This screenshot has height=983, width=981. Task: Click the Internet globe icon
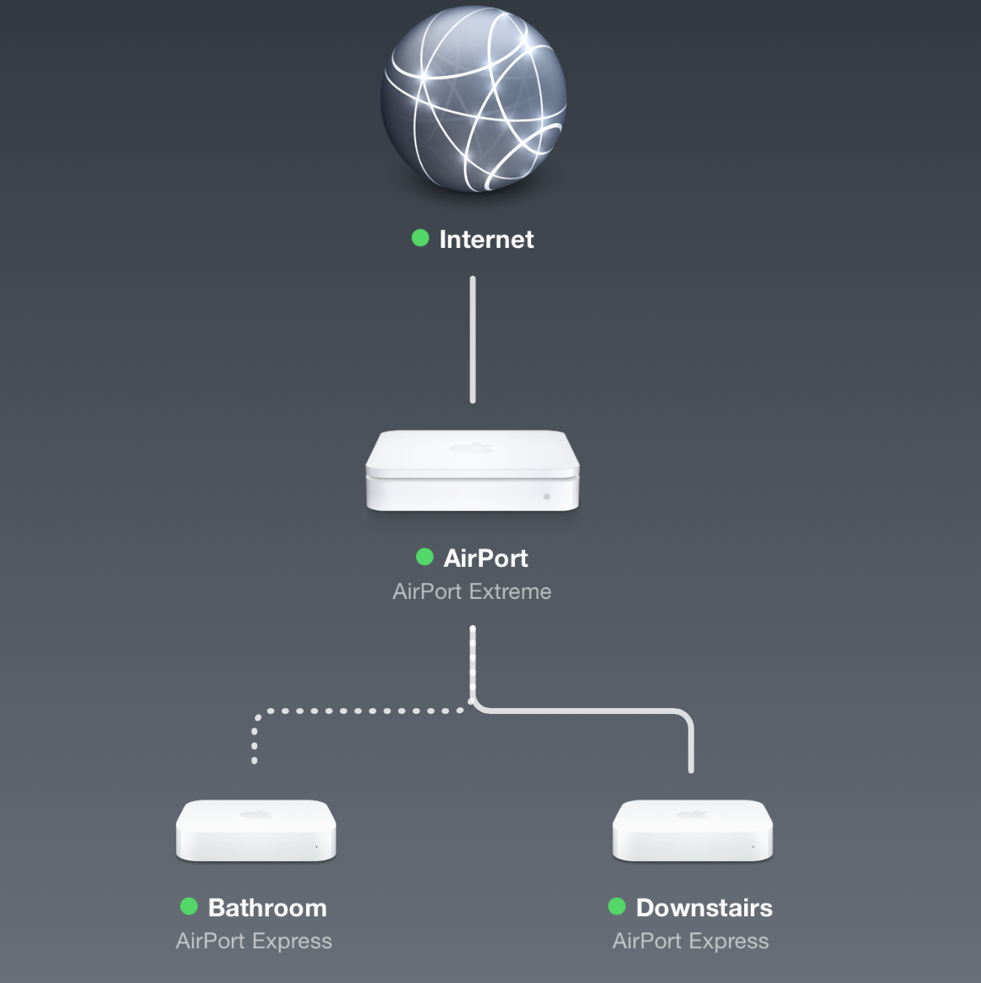(x=473, y=100)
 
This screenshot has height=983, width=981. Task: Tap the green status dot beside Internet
(x=420, y=239)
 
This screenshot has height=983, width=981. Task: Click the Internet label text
(x=486, y=239)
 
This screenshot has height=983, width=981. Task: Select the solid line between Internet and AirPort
(x=473, y=339)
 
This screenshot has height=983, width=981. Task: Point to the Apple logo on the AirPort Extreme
(x=471, y=448)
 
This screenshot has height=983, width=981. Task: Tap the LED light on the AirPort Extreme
(x=546, y=497)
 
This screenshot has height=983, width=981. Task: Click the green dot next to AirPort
(x=425, y=557)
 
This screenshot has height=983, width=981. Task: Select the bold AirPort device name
(x=485, y=558)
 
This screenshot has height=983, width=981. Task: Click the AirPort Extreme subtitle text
(x=472, y=591)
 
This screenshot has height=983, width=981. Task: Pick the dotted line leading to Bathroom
(x=355, y=711)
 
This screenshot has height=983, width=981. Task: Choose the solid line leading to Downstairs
(x=592, y=711)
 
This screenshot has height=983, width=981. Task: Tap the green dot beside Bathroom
(x=189, y=907)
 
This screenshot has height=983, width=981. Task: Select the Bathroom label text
(x=267, y=908)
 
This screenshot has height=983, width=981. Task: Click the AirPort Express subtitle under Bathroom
(x=254, y=941)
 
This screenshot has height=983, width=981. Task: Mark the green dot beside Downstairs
(x=617, y=907)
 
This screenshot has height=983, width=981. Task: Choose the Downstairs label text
(x=704, y=908)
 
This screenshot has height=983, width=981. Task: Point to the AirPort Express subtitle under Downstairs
(x=690, y=941)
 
